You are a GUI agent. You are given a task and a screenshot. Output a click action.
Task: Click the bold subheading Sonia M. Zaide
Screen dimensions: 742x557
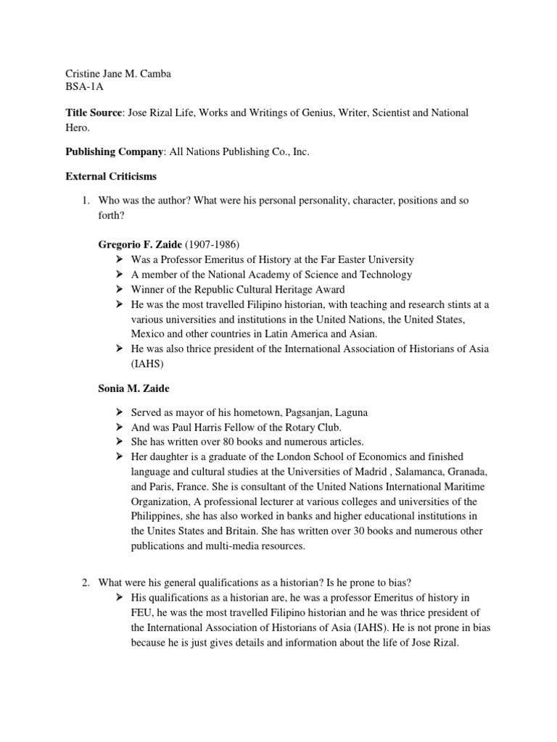coord(134,389)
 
